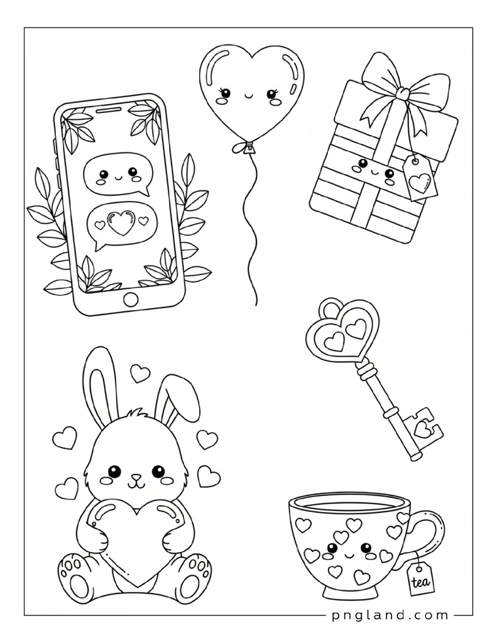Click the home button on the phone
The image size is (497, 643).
(x=131, y=298)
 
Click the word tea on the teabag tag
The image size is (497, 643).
(x=421, y=581)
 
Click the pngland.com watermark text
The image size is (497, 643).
(x=390, y=615)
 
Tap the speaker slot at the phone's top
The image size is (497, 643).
(x=108, y=109)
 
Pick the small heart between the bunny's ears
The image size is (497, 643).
(x=140, y=373)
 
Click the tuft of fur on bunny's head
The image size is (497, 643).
(x=138, y=415)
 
